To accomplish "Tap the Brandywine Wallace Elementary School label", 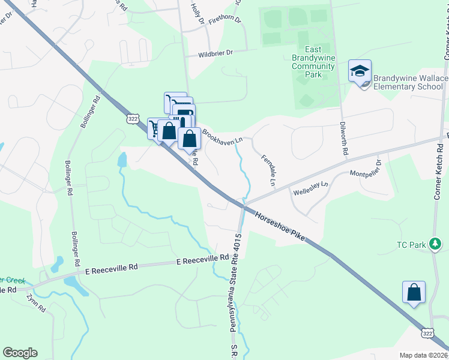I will coord(411,82).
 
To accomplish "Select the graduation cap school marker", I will coord(360,71).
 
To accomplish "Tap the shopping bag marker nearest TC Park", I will coord(414,293).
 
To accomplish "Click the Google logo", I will coord(20,353).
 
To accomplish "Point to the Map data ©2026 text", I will coord(423,355).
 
